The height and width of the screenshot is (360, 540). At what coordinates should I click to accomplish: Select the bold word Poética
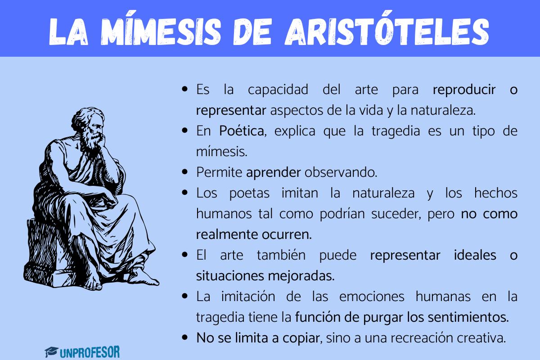pyautogui.click(x=242, y=131)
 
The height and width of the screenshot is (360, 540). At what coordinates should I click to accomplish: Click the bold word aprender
pyautogui.click(x=274, y=173)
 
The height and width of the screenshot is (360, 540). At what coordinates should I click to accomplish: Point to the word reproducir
pyautogui.click(x=464, y=90)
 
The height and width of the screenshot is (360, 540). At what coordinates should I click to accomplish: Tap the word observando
pyautogui.click(x=341, y=173)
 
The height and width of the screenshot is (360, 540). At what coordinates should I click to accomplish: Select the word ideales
pyautogui.click(x=475, y=255)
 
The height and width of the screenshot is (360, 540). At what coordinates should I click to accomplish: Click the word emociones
pyautogui.click(x=372, y=297)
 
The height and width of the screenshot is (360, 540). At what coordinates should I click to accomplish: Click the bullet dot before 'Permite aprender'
pyautogui.click(x=185, y=172)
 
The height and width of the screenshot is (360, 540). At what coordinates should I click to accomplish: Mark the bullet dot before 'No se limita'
pyautogui.click(x=185, y=337)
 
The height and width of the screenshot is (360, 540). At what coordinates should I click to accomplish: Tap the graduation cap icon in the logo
pyautogui.click(x=51, y=352)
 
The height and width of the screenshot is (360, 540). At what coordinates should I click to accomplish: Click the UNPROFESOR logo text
pyautogui.click(x=90, y=352)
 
